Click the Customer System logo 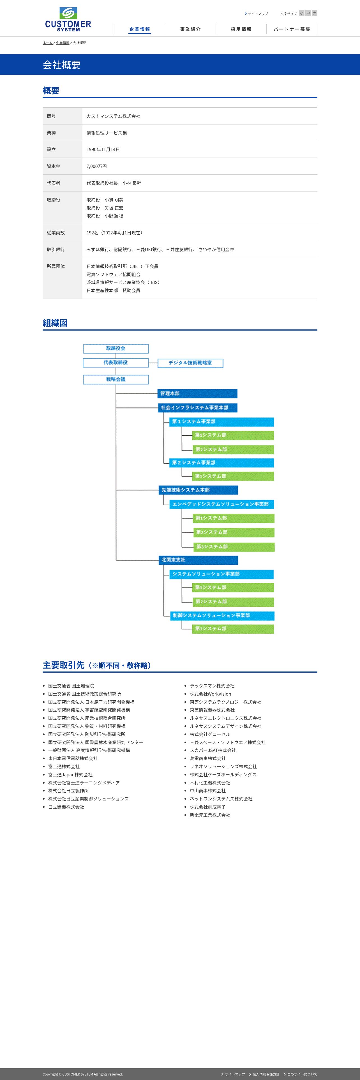point(68,19)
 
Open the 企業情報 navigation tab point(140,29)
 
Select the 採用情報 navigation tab point(241,29)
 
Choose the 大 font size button point(314,13)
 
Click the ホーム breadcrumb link point(48,43)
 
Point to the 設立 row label point(51,149)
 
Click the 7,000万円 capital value point(96,166)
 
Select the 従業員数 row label point(56,233)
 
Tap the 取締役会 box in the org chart point(116,349)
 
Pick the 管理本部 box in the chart point(197,394)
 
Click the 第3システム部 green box point(234,547)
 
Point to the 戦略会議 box point(116,379)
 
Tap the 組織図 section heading point(55,323)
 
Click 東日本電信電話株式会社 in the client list point(73,758)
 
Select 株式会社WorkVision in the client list point(210,694)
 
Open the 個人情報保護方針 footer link point(266,1074)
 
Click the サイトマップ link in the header point(257,14)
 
